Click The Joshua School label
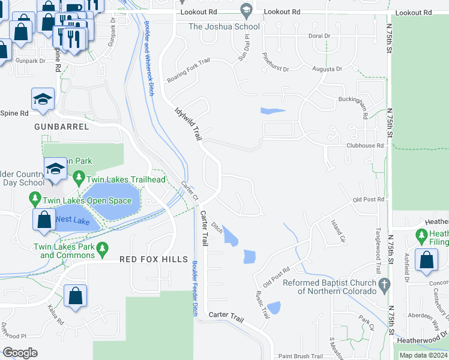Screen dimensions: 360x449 tap(224, 26)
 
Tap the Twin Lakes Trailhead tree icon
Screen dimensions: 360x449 tap(78, 178)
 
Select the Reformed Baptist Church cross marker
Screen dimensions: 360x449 tap(384, 283)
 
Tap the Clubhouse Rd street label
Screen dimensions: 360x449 tap(364, 145)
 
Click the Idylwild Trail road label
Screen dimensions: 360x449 tap(188, 124)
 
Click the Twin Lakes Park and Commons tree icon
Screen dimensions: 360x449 tap(103, 247)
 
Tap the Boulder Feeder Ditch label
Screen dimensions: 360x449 tap(194, 288)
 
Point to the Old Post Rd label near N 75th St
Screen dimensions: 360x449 tap(368, 199)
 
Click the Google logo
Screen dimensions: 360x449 tap(20, 352)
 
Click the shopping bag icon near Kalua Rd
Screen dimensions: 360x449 tap(76, 296)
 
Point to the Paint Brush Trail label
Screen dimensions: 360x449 tap(300, 356)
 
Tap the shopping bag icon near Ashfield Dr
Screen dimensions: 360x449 tap(426, 261)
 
